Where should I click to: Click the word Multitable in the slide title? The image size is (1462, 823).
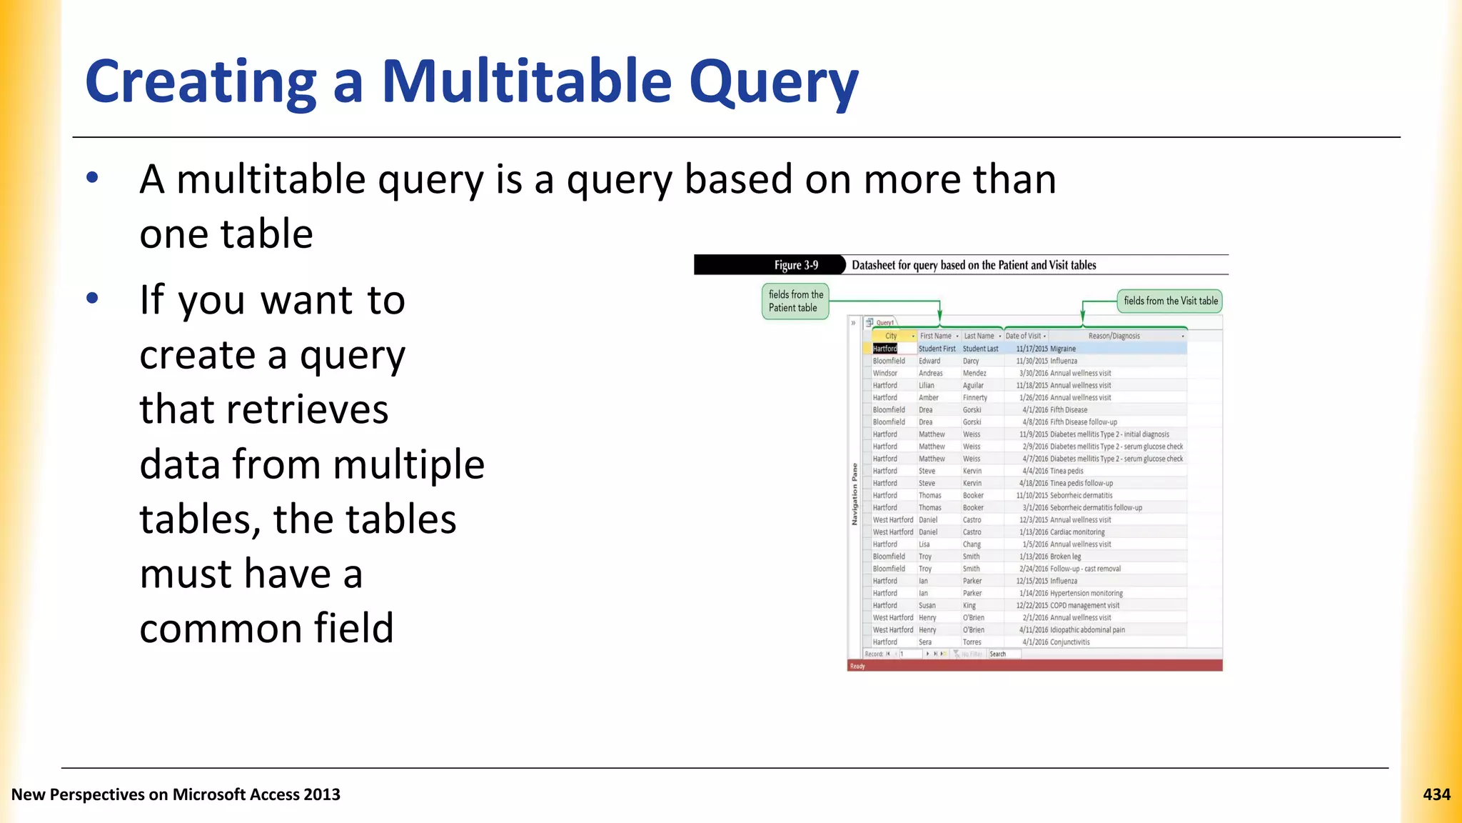point(527,81)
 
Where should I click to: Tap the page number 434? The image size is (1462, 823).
point(1436,794)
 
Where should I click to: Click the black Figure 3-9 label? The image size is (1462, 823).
point(796,265)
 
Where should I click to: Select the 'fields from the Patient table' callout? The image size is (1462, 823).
point(795,301)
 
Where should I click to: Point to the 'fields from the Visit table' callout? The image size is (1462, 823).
point(1170,301)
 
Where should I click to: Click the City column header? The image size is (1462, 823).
point(891,336)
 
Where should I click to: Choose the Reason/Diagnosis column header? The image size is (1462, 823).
point(1114,336)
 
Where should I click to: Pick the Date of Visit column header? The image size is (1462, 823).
point(1023,336)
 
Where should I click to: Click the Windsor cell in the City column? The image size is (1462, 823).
point(885,373)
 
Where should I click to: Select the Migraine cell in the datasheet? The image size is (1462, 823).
point(1063,349)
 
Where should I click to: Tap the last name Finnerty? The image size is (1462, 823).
point(975,397)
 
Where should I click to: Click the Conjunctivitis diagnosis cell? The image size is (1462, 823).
point(1070,642)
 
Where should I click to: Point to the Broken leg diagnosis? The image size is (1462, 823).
point(1066,557)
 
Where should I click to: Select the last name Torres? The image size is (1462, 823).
point(972,642)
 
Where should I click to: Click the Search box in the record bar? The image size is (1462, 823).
point(998,654)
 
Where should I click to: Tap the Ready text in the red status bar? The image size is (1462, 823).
point(857,666)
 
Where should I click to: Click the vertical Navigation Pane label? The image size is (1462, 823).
point(854,494)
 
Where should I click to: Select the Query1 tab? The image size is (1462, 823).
point(884,323)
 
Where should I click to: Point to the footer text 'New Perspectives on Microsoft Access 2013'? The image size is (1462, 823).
point(176,794)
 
